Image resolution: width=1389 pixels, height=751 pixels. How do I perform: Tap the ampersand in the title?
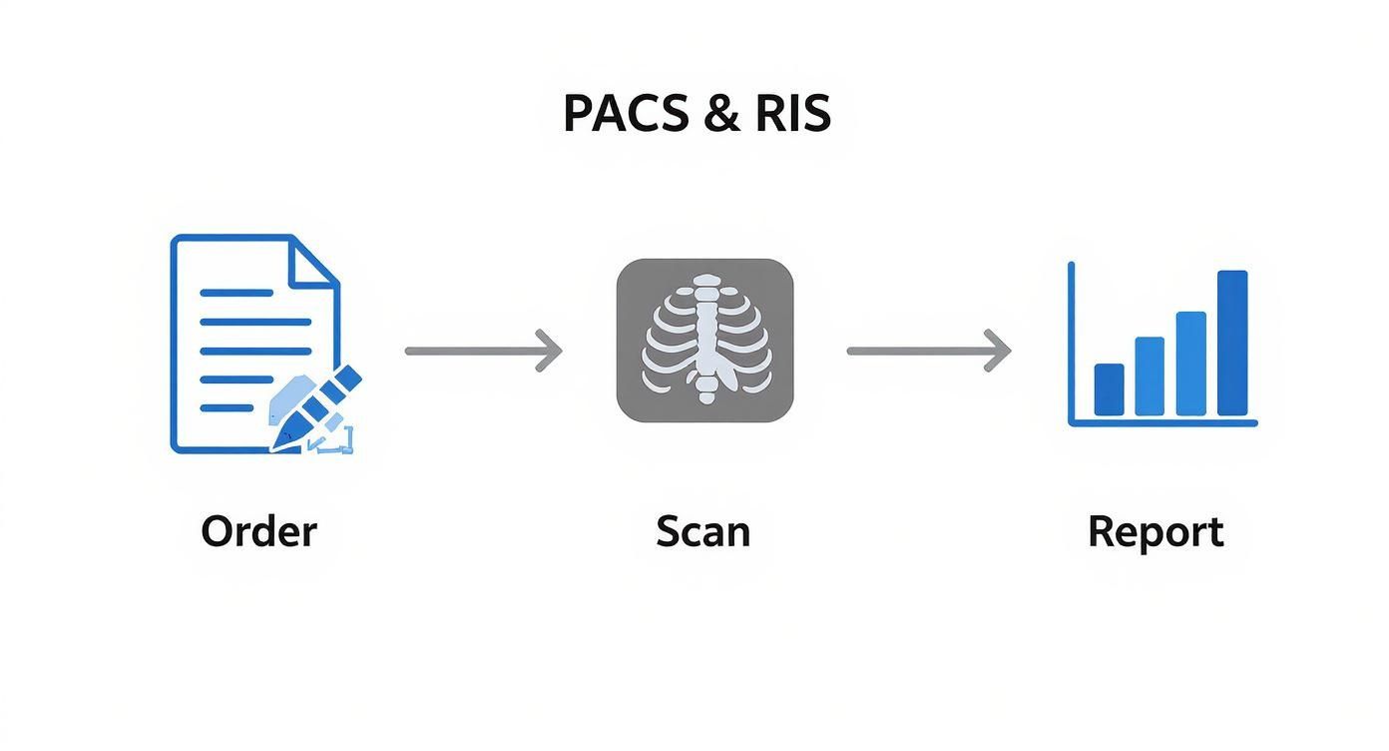(x=721, y=114)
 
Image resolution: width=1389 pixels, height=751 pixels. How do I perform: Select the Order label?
(x=258, y=531)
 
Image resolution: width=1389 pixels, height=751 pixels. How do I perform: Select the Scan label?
(x=702, y=531)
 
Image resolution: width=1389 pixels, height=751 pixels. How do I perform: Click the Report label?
(x=1155, y=532)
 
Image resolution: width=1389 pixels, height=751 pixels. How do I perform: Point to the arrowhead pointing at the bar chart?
(x=999, y=351)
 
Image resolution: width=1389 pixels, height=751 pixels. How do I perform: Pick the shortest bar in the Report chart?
(x=1109, y=389)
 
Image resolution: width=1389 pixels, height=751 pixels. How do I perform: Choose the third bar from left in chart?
(x=1190, y=364)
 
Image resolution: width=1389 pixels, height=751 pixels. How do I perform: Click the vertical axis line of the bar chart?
(x=1071, y=340)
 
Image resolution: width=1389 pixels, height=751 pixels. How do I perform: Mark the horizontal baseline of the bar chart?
(x=1162, y=423)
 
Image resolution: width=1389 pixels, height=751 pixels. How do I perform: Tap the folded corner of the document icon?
(x=311, y=262)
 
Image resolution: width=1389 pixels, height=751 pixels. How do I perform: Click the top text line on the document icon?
(x=236, y=293)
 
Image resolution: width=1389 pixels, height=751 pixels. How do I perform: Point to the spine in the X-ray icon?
(x=706, y=340)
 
